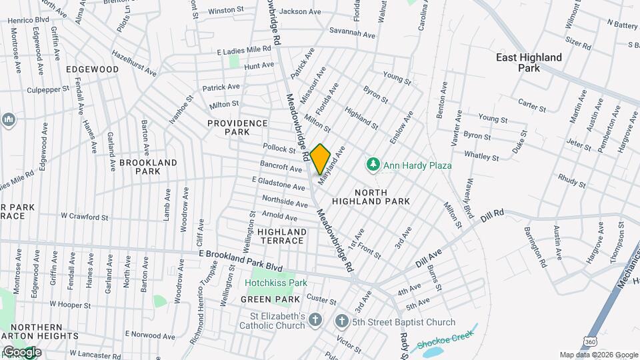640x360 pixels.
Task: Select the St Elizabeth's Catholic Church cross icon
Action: coord(315,321)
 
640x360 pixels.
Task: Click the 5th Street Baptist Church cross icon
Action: coord(341,322)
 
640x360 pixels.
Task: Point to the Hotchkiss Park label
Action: coord(275,283)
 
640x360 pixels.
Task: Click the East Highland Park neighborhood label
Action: coord(529,63)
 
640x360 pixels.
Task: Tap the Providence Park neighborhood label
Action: coord(237,127)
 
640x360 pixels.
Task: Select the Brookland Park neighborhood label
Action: coord(148,167)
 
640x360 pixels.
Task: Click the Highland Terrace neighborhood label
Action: coord(282,236)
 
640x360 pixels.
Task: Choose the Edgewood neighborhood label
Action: coord(92,69)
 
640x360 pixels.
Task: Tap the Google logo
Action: coord(21,352)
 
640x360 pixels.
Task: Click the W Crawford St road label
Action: coord(84,217)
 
